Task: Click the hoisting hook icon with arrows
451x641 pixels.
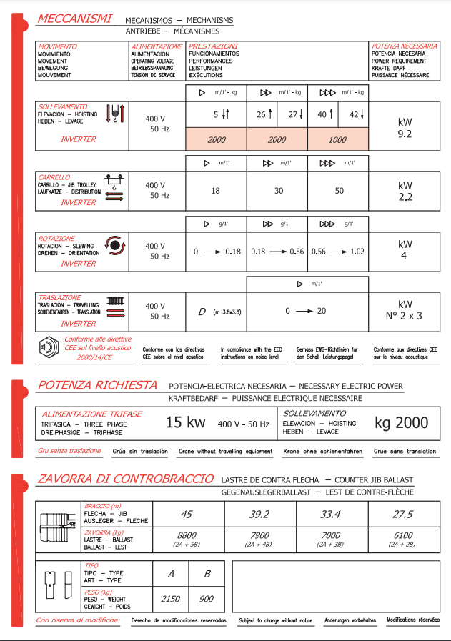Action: point(115,114)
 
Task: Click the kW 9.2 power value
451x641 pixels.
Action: point(405,127)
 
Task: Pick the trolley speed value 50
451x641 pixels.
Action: point(339,191)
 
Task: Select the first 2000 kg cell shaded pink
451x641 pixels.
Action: point(217,140)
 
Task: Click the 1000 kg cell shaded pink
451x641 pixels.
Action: point(338,140)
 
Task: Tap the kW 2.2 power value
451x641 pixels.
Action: point(405,191)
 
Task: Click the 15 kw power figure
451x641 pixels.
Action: point(185,422)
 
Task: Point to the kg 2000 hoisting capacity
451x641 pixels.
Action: point(402,422)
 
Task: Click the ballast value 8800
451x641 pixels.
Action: point(187,536)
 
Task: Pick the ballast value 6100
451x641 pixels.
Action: point(402,536)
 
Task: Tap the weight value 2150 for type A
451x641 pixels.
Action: point(170,599)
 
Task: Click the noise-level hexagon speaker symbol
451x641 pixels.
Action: point(49,348)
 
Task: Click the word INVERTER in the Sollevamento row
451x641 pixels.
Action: point(78,140)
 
